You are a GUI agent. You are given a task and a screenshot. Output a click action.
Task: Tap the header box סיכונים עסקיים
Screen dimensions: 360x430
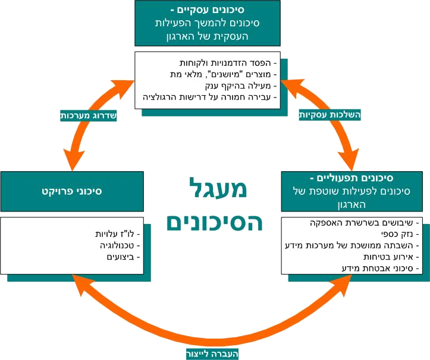(x=208, y=23)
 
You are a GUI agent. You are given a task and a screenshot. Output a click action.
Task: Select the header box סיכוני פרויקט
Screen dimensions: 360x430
(x=72, y=192)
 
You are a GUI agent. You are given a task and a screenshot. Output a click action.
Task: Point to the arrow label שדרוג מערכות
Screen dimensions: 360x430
(x=89, y=116)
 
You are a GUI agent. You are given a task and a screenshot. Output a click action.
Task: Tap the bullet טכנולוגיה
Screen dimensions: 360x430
(x=117, y=245)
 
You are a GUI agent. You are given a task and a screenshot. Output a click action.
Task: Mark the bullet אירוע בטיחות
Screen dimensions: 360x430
(x=388, y=257)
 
